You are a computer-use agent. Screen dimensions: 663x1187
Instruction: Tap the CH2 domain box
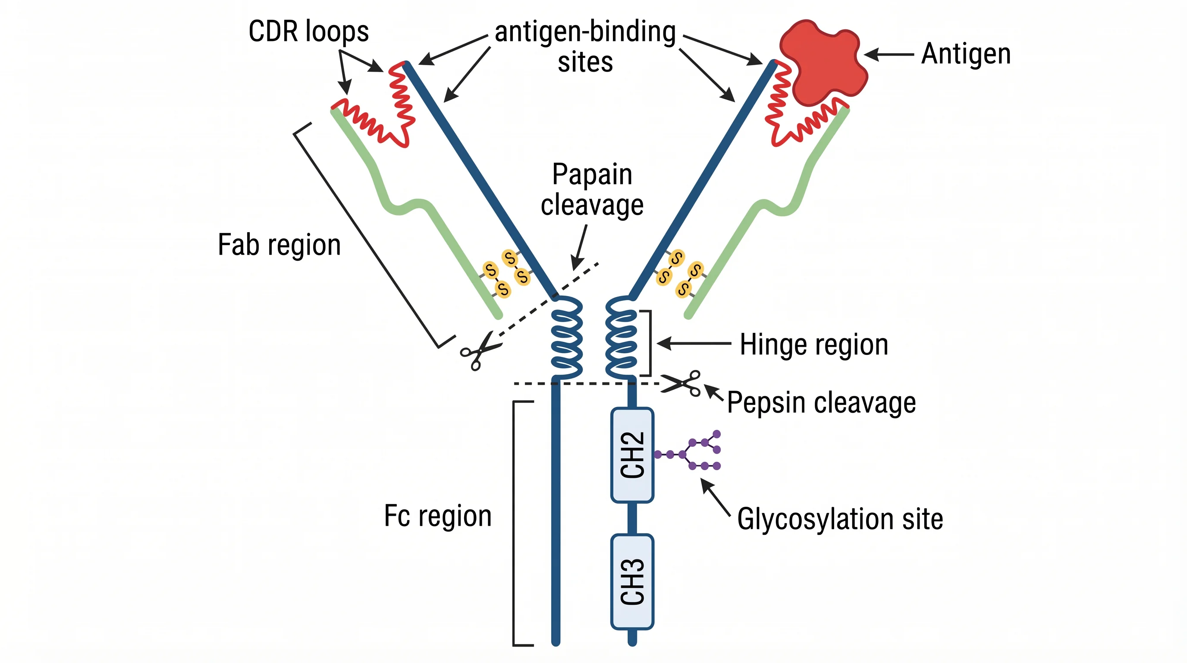(x=632, y=455)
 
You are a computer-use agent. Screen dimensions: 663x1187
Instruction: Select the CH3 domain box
(x=632, y=581)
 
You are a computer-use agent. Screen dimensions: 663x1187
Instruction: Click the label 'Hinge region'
(x=814, y=345)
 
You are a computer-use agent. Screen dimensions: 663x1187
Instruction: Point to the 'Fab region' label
(x=279, y=245)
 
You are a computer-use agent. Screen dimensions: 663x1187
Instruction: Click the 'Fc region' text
(x=438, y=516)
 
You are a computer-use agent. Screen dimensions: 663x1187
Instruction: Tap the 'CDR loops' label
(x=308, y=32)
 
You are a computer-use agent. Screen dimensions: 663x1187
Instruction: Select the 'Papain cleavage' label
(x=592, y=189)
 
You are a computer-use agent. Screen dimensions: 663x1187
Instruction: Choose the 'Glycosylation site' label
(x=839, y=519)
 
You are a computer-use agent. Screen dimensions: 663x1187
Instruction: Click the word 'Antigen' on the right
(x=966, y=54)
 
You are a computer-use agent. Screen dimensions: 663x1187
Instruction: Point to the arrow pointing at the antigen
(x=889, y=54)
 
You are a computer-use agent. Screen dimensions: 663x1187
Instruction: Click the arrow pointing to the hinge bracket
(x=694, y=344)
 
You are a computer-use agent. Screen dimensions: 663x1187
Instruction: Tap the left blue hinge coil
(x=567, y=337)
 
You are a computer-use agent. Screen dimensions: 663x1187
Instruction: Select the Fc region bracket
(x=514, y=523)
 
